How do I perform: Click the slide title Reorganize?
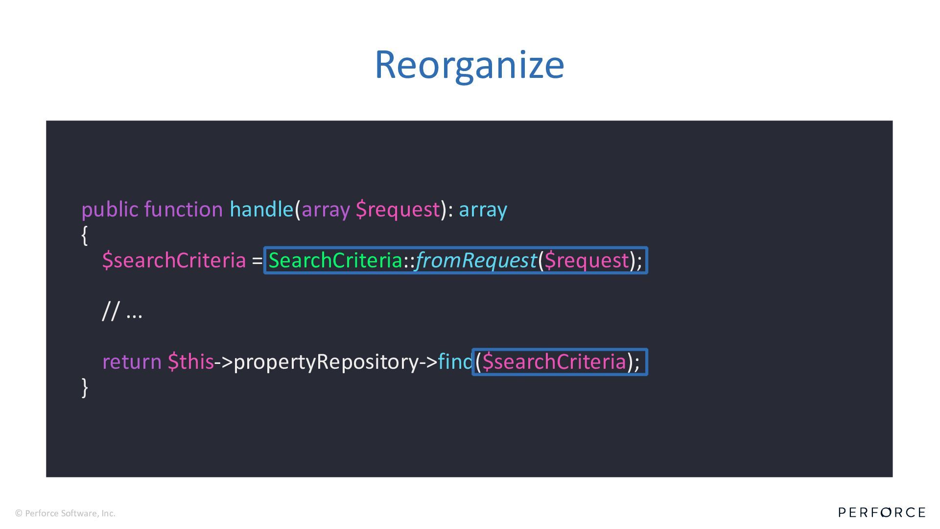(469, 65)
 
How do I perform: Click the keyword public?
(110, 210)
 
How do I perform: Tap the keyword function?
(184, 210)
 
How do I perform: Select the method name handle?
(261, 210)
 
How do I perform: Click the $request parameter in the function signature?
(398, 210)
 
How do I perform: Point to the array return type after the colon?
(483, 210)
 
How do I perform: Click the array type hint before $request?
(326, 210)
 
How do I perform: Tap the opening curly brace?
(85, 235)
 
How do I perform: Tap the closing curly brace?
(85, 387)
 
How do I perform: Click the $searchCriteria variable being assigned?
(174, 260)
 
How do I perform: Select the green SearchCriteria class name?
(335, 260)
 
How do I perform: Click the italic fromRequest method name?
(476, 260)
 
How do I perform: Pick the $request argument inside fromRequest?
(587, 260)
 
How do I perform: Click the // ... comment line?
(122, 311)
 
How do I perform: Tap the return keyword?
(132, 362)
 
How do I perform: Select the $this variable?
(190, 362)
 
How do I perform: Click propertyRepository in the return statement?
(326, 362)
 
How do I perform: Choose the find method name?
(455, 362)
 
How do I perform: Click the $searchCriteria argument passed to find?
(554, 362)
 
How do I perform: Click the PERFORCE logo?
(882, 512)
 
